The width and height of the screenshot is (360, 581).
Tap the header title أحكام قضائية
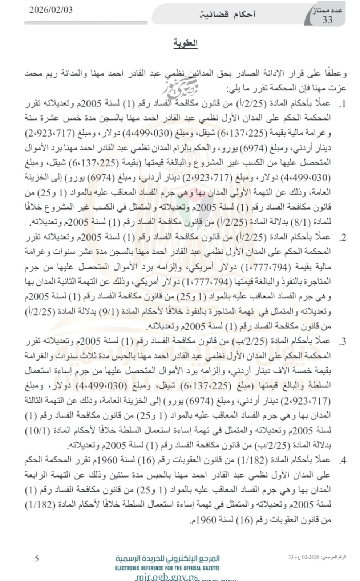click(x=228, y=15)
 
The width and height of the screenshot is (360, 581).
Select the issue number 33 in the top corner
click(x=327, y=20)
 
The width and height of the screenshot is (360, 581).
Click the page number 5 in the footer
click(x=37, y=558)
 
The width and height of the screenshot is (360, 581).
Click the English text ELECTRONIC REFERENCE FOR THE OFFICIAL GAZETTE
click(x=167, y=568)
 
